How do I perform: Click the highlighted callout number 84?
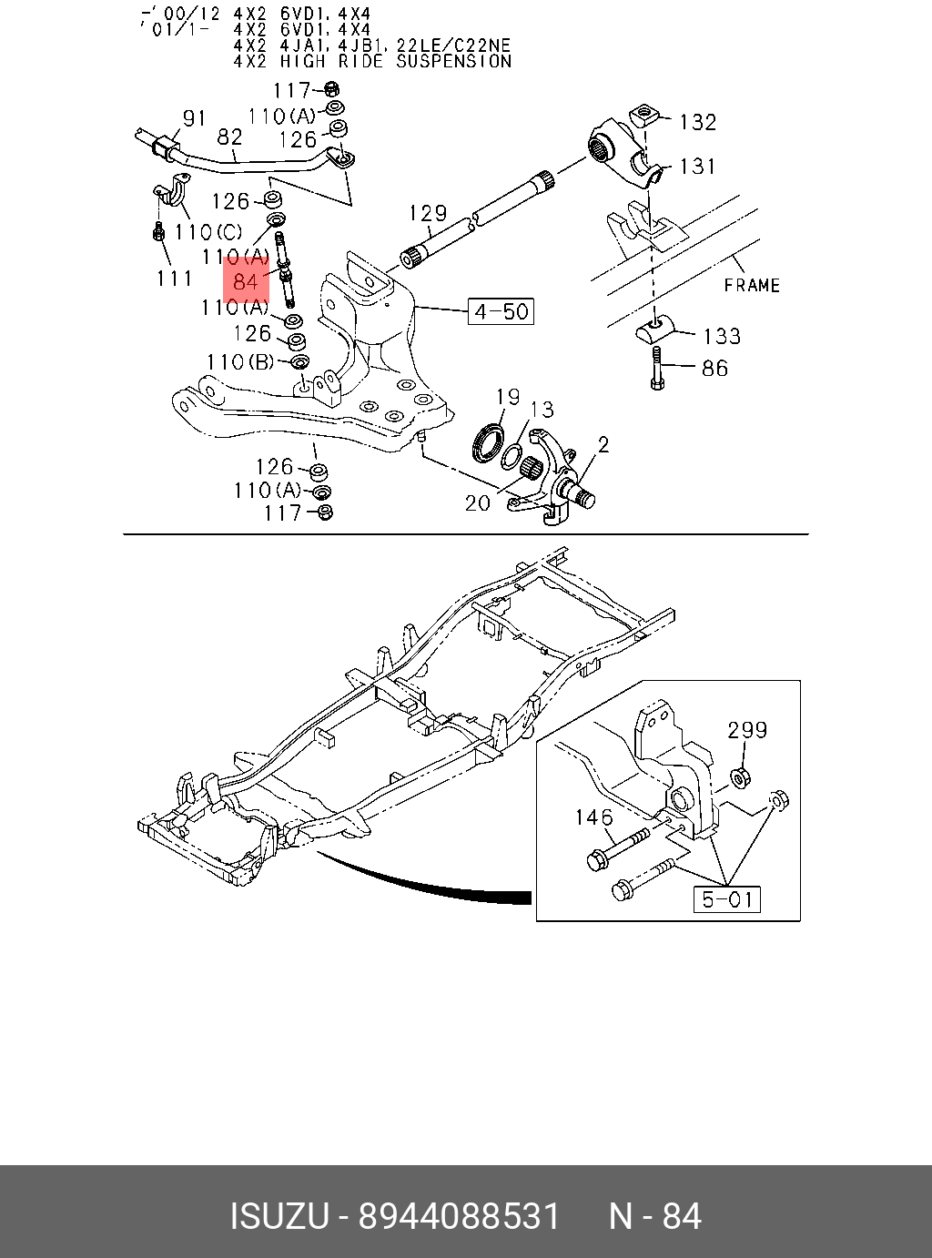coord(246,281)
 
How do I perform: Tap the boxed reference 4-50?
coord(501,311)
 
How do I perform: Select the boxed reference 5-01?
coord(727,899)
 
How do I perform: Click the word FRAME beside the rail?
coord(752,285)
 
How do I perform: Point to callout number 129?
coord(428,213)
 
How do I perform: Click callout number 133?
coord(722,336)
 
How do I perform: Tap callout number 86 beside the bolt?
coord(714,369)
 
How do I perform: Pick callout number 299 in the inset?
coord(747,730)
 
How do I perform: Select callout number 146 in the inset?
coord(593,817)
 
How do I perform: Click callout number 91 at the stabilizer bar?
coord(195,118)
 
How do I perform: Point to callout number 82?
coord(229,137)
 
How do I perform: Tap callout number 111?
coord(175,278)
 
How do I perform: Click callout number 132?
coord(698,122)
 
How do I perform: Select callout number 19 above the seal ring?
coord(508,396)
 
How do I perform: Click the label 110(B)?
coord(239,362)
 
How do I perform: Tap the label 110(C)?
coord(208,233)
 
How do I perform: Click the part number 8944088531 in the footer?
coord(459,1216)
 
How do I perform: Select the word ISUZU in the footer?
coord(279,1216)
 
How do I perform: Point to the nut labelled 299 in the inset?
coord(741,777)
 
